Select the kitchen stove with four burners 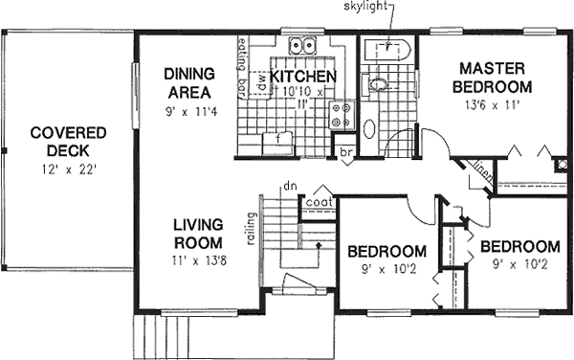click(340, 116)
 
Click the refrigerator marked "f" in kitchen click(278, 139)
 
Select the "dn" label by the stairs click(287, 187)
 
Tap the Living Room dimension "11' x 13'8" click(198, 260)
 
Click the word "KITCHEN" click(302, 76)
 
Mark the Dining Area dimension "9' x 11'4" click(188, 110)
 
